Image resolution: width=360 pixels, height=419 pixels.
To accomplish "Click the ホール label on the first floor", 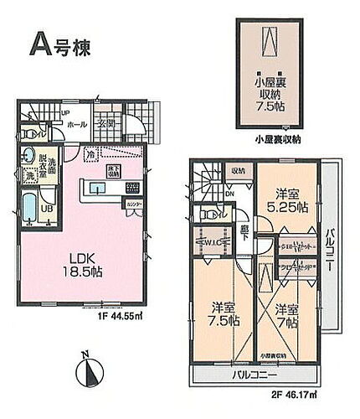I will pos(78,125).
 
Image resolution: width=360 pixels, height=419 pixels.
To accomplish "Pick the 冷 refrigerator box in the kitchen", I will pos(90,154).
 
